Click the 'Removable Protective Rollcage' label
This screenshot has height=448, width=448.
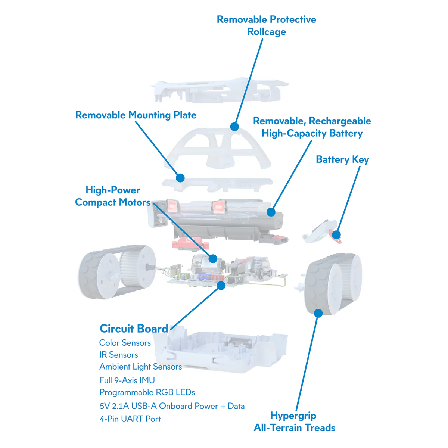coord(266,25)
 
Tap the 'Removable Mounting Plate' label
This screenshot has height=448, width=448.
coord(136,115)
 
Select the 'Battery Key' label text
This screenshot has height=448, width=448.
coord(342,159)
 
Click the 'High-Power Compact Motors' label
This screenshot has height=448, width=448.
coord(112,196)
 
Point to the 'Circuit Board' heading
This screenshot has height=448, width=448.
coord(134,329)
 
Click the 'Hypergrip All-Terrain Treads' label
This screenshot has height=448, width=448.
coord(294,421)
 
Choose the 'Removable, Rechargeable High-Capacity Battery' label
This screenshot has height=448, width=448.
coord(312,127)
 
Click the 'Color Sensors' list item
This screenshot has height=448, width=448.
coord(125,343)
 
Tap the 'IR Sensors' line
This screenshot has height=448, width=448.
coord(118,355)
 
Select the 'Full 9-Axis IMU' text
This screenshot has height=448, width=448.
coord(127,380)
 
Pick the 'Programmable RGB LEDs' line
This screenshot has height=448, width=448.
coord(147,392)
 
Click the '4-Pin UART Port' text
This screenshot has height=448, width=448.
coord(130,419)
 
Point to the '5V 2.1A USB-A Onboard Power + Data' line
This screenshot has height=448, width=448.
coord(172,406)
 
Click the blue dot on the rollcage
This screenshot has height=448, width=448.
coord(234,127)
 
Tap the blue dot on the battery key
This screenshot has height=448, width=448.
coord(336,235)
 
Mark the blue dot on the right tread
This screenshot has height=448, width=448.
coord(318,313)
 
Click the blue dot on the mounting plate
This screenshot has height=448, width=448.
coord(180,178)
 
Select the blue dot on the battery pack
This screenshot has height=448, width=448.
coord(271,212)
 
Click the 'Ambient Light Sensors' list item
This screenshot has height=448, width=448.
coord(140,367)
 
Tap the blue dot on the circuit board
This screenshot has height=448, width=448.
coord(221,286)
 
